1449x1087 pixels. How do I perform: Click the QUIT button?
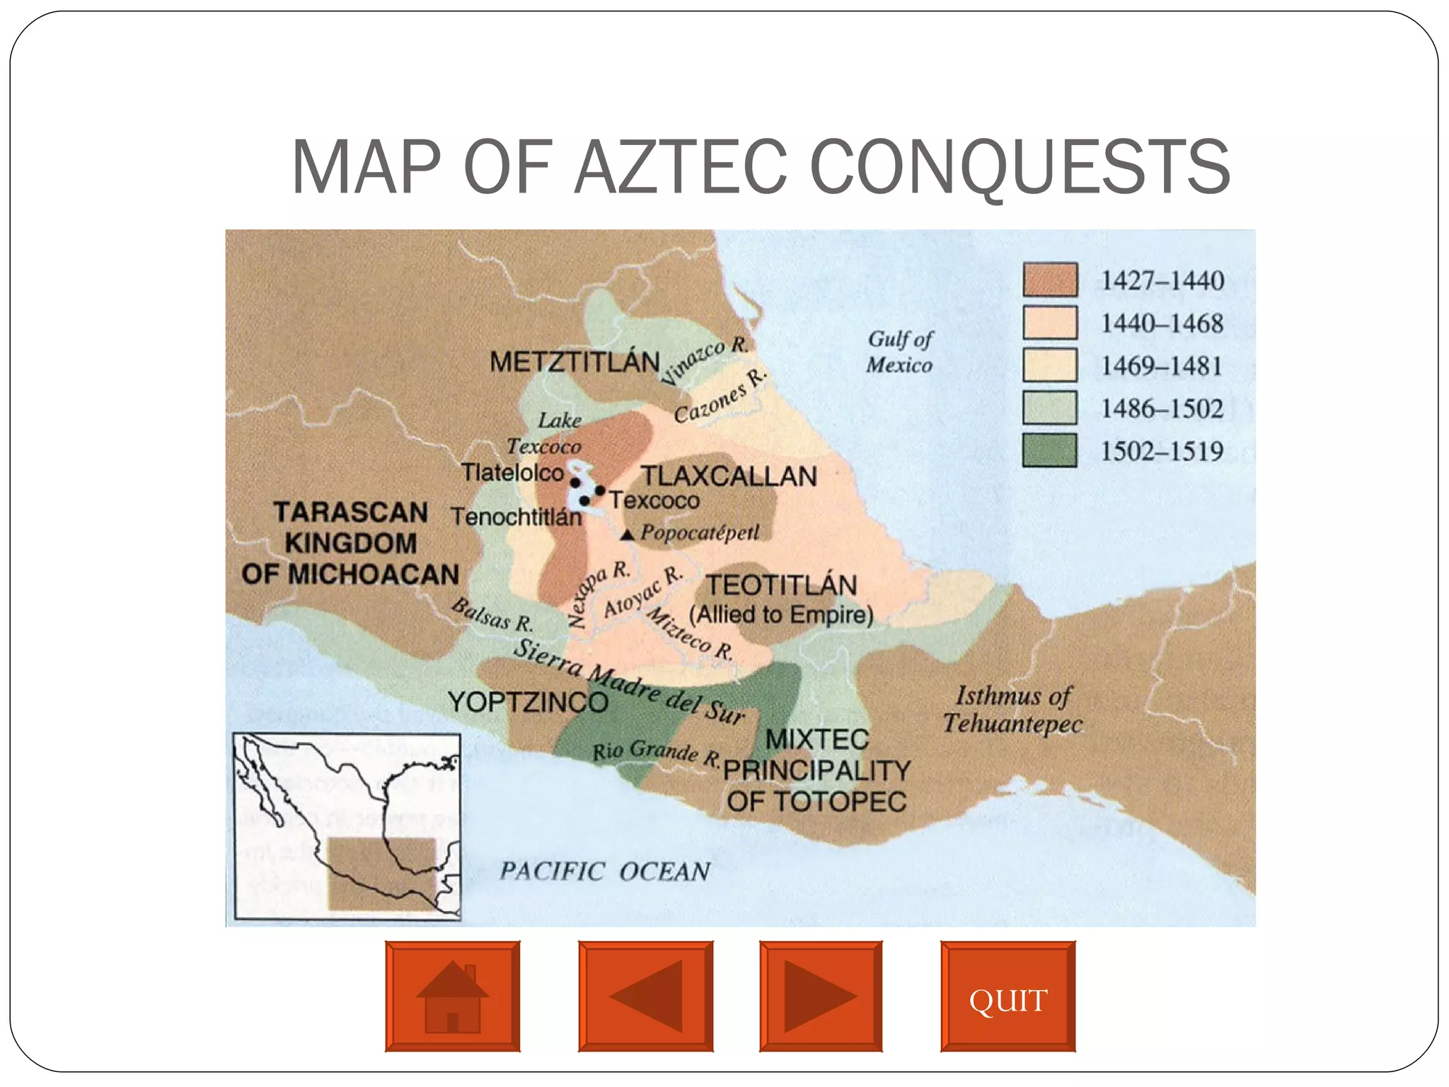click(x=1008, y=996)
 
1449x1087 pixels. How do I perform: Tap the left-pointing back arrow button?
click(x=645, y=996)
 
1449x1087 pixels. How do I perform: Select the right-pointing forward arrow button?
click(x=821, y=996)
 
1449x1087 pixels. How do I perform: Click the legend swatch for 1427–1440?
click(x=1050, y=280)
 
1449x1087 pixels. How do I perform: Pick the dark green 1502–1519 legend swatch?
click(x=1050, y=450)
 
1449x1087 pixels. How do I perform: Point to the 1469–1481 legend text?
click(x=1162, y=366)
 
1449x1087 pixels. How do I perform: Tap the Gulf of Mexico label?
click(x=900, y=352)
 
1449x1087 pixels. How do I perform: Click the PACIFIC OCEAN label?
click(x=605, y=871)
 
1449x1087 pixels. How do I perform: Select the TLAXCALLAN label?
click(x=729, y=476)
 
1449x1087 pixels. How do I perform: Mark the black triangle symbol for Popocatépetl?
click(x=627, y=535)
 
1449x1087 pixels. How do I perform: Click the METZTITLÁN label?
click(x=575, y=362)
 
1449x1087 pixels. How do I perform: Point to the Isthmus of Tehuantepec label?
click(x=1013, y=709)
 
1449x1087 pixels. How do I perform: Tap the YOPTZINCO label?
click(x=528, y=702)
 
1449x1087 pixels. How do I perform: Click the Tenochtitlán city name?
click(x=516, y=517)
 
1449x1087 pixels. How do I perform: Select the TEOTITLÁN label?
click(x=782, y=585)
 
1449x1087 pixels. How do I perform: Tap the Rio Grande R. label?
click(x=657, y=752)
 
